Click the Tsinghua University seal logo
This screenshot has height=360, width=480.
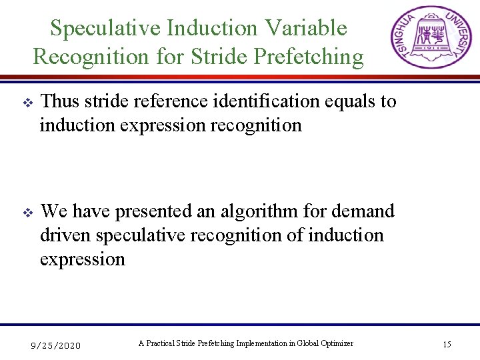[x=427, y=38]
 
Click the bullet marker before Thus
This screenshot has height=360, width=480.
[x=27, y=103]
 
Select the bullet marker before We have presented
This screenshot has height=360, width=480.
[x=27, y=213]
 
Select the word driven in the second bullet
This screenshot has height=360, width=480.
[x=65, y=235]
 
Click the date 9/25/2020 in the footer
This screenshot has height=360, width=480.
[x=56, y=345]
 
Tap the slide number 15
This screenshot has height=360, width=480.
[x=447, y=345]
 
